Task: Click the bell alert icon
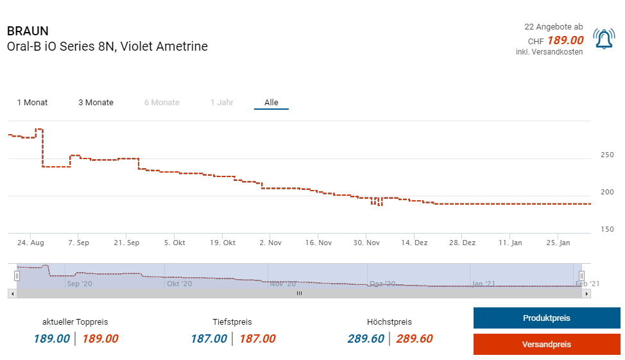pyautogui.click(x=604, y=40)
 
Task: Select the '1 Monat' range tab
pyautogui.click(x=32, y=103)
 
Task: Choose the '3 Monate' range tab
pyautogui.click(x=96, y=103)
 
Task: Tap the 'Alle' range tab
pyautogui.click(x=271, y=103)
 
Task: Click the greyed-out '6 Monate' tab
pyautogui.click(x=162, y=103)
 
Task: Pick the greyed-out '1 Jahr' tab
pyautogui.click(x=222, y=103)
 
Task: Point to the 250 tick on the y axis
pyautogui.click(x=607, y=155)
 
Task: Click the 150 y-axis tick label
pyautogui.click(x=607, y=230)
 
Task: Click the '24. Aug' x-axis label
pyautogui.click(x=30, y=243)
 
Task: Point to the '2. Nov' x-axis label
pyautogui.click(x=270, y=243)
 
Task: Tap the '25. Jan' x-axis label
pyautogui.click(x=558, y=243)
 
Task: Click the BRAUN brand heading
pyautogui.click(x=28, y=31)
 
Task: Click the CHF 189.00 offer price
pyautogui.click(x=565, y=40)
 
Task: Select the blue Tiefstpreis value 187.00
pyautogui.click(x=209, y=339)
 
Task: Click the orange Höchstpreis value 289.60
pyautogui.click(x=415, y=339)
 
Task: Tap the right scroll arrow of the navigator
pyautogui.click(x=586, y=293)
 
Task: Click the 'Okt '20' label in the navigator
pyautogui.click(x=179, y=283)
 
